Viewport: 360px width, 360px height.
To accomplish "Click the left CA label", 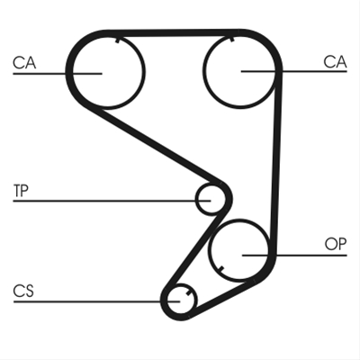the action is click(24, 63).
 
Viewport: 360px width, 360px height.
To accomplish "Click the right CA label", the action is click(335, 62).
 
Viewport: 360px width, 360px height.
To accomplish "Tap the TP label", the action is click(21, 191).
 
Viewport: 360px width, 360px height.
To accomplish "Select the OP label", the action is click(336, 244).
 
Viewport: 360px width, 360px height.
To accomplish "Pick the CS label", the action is click(23, 291).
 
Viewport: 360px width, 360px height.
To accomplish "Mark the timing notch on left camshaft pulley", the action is click(118, 40).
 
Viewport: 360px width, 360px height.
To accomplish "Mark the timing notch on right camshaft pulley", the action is click(232, 40).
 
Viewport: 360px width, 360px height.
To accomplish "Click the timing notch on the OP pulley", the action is click(220, 269).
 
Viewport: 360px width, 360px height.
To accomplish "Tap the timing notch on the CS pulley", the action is click(188, 293).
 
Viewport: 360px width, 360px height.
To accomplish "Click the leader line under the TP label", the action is click(112, 201).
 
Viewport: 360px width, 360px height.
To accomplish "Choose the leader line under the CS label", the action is click(96, 301).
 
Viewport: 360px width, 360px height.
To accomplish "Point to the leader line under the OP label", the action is click(294, 256).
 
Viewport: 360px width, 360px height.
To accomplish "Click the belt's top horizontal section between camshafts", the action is click(174, 33).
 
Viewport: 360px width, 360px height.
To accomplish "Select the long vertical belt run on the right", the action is click(276, 162).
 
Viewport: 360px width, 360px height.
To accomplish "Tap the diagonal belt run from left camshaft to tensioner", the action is click(156, 146).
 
